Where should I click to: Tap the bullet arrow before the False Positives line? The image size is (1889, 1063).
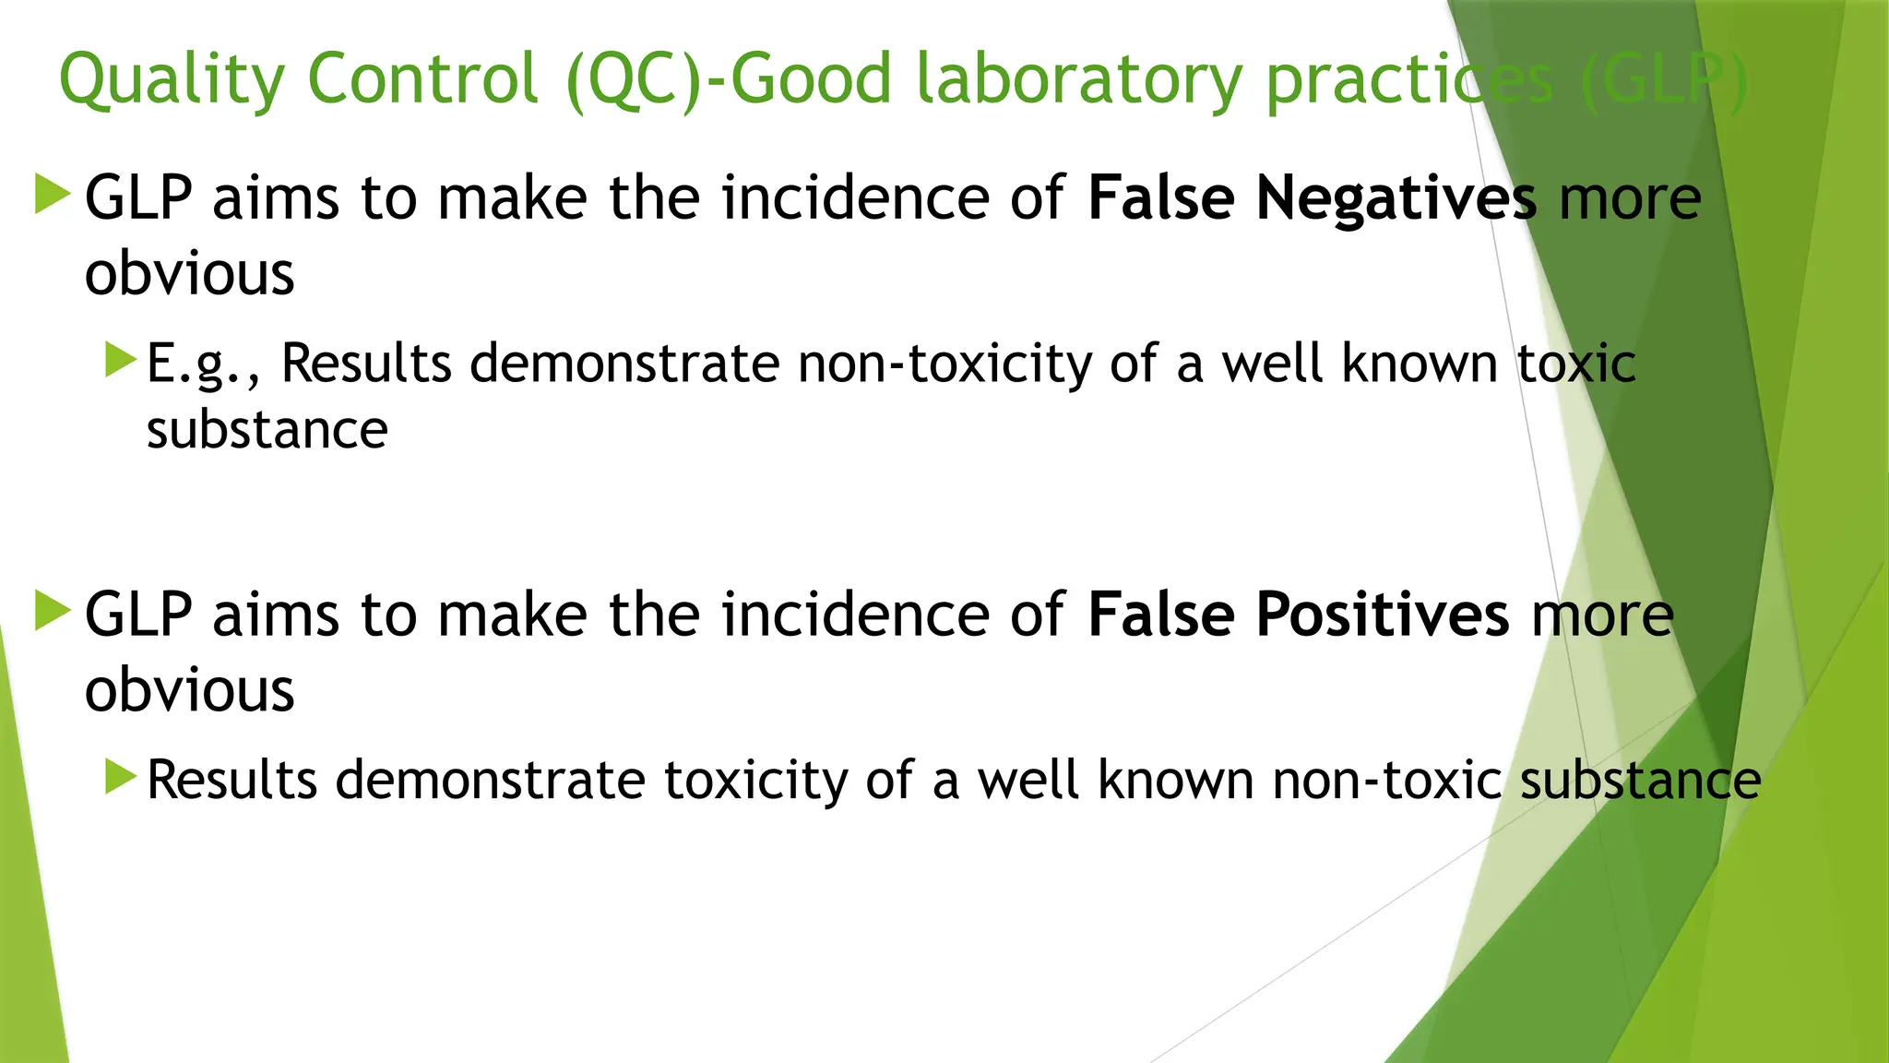[53, 611]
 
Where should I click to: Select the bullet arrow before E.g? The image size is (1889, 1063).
[121, 360]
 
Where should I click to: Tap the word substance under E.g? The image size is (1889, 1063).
[267, 430]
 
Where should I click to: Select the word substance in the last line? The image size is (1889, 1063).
[1640, 781]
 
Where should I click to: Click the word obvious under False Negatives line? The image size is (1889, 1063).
[189, 274]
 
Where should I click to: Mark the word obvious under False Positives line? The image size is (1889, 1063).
[189, 690]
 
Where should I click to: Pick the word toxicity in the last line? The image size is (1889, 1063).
[754, 781]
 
